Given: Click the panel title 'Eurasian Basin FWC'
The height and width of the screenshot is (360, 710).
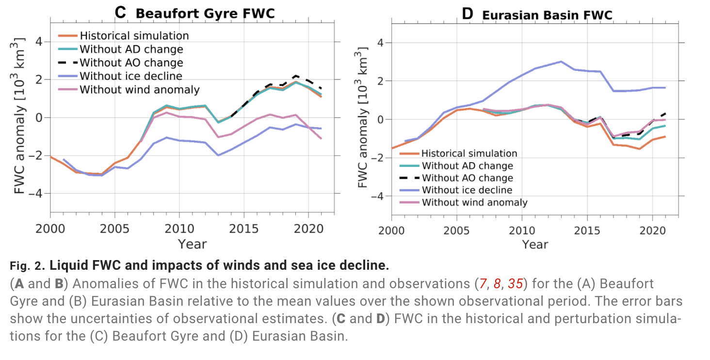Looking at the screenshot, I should (547, 15).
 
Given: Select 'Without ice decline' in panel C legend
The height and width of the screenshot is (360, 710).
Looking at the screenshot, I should (131, 76).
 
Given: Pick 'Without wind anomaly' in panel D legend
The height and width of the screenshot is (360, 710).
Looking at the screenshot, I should (474, 202).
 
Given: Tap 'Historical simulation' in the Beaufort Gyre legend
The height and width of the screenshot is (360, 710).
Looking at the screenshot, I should (134, 35).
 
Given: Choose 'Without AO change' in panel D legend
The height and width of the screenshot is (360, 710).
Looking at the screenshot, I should (467, 178).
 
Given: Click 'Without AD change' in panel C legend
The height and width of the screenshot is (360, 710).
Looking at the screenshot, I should (131, 49).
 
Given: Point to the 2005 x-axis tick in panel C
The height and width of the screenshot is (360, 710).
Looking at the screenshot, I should (115, 228).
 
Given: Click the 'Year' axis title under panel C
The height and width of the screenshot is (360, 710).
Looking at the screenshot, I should (192, 244).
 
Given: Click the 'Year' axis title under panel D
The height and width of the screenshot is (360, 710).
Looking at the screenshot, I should (535, 245).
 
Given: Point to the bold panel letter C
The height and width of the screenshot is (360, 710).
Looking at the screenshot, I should (121, 13).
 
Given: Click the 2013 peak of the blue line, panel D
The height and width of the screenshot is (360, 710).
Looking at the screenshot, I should (561, 62).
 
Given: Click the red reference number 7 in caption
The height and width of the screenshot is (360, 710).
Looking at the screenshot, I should (483, 283).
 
